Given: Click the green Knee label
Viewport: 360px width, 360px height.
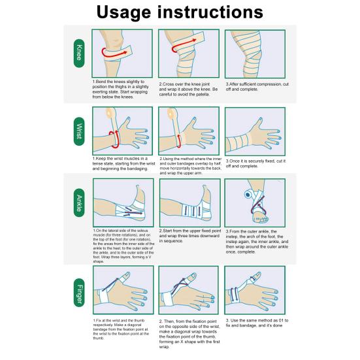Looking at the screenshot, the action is [x=79, y=54].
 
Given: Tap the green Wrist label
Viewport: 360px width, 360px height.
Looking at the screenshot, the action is [x=79, y=131].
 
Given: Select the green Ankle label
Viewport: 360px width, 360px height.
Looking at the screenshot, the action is [x=79, y=203].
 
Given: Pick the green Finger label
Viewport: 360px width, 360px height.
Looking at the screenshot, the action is [x=79, y=293].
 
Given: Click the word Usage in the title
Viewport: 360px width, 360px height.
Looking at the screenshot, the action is [x=124, y=12].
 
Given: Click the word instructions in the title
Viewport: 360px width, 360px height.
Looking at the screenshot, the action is [x=210, y=12].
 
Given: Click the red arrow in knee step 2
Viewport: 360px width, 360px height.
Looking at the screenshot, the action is [x=183, y=45].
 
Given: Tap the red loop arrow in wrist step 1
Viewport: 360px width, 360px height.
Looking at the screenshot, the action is [x=114, y=139].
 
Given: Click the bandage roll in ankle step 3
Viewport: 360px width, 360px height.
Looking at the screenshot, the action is [x=248, y=195].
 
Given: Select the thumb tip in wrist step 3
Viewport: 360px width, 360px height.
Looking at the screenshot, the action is [x=260, y=120].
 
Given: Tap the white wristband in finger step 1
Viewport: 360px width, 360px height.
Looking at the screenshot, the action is [x=103, y=296].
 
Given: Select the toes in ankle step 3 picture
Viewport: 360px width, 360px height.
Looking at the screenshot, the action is [x=261, y=219].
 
